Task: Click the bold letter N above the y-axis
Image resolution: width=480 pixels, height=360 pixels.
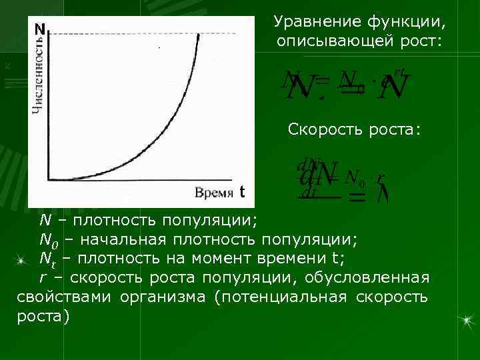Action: pos(40,30)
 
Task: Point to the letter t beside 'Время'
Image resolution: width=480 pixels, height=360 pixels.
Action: pos(243,193)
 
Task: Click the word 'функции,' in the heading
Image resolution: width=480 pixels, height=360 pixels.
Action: pos(406,23)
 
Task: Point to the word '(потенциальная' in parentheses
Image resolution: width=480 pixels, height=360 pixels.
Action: pos(281,296)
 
